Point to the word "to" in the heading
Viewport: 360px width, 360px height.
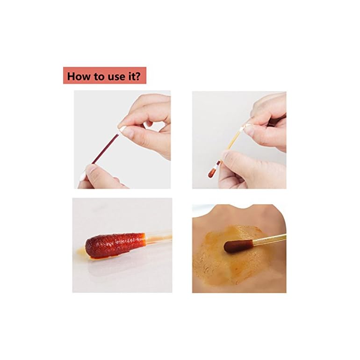(x=96, y=76)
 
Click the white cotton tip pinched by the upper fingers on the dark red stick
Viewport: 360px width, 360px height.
(x=123, y=129)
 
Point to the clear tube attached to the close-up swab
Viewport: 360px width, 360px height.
(x=157, y=237)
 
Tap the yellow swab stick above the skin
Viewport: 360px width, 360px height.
(x=264, y=240)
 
